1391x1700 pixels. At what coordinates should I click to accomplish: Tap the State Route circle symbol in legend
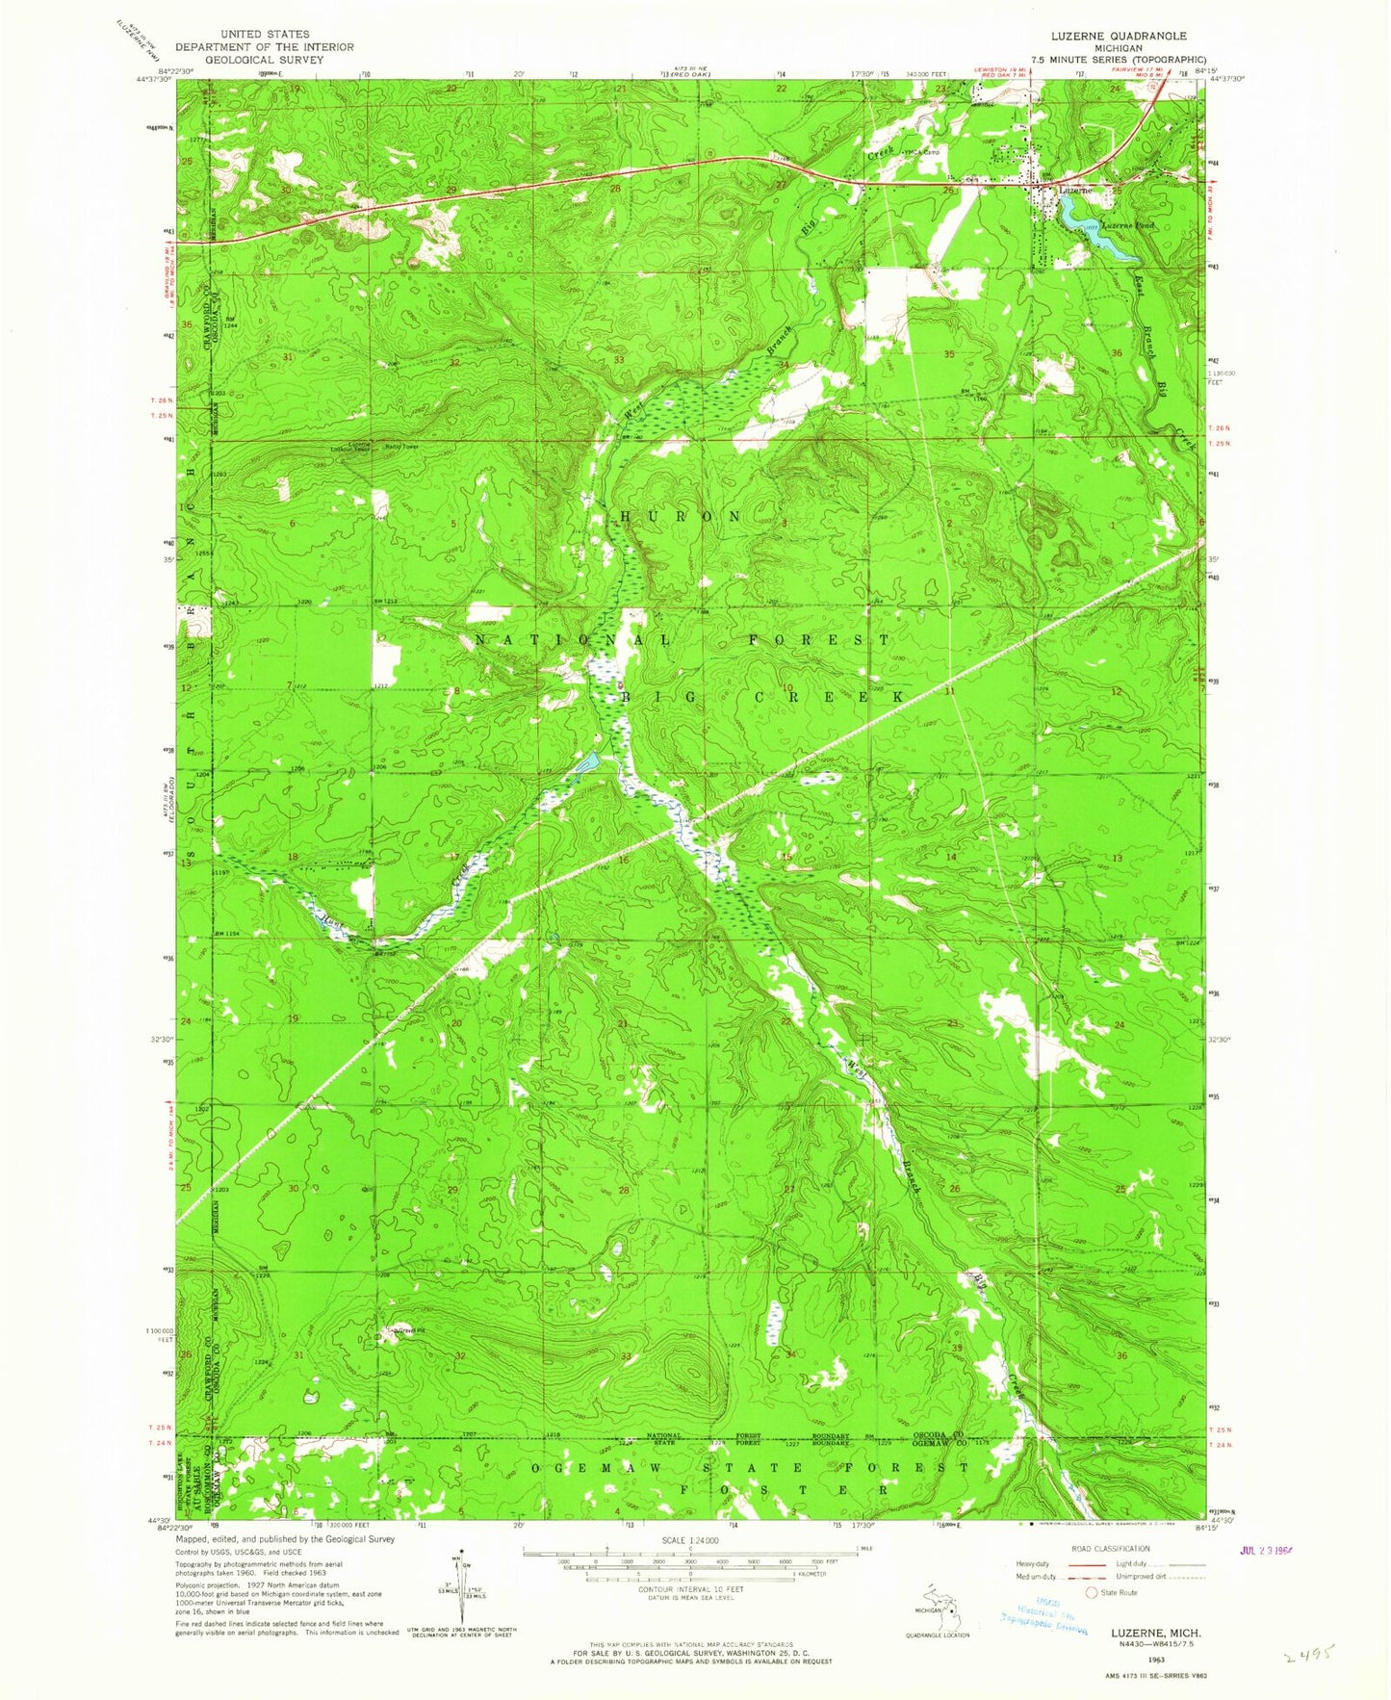[x=1091, y=1592]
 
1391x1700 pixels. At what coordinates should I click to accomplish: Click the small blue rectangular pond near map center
[x=586, y=763]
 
